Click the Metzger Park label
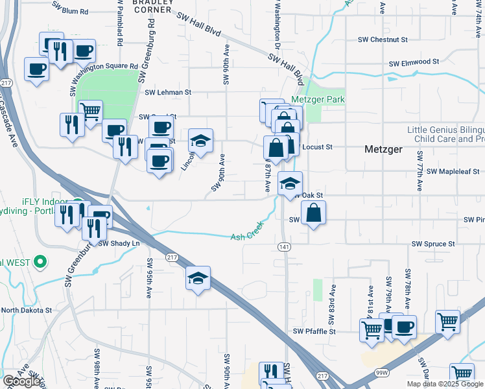(318, 100)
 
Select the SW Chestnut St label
(383, 40)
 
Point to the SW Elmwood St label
(414, 62)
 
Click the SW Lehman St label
(169, 93)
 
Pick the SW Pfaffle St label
(314, 331)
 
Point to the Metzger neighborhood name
(384, 148)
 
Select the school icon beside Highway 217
(198, 278)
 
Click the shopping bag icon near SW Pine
(313, 213)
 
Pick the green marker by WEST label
(41, 263)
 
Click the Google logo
(22, 382)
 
